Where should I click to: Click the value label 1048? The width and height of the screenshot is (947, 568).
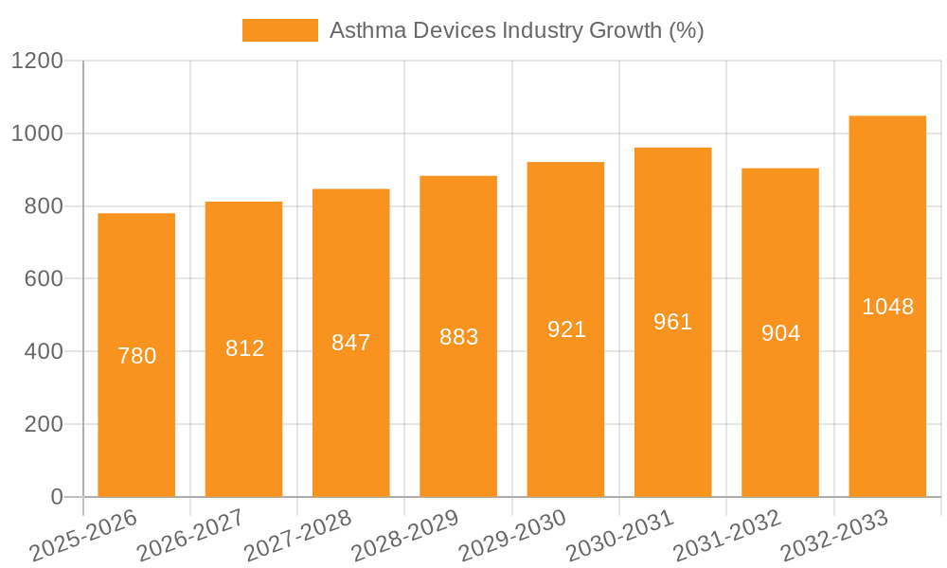(x=887, y=307)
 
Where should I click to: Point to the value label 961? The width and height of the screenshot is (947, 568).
(x=673, y=322)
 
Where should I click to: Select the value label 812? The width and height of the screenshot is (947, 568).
(x=244, y=348)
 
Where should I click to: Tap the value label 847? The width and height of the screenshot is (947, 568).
(x=351, y=343)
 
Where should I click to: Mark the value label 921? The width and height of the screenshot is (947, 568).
(x=566, y=329)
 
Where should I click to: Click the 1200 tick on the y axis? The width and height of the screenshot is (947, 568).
(x=37, y=62)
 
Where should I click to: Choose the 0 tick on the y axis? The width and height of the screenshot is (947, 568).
(x=56, y=497)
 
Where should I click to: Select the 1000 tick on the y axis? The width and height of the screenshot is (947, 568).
(x=37, y=134)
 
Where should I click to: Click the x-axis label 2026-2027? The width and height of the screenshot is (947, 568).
(x=190, y=536)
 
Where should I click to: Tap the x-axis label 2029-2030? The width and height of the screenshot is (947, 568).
(x=512, y=536)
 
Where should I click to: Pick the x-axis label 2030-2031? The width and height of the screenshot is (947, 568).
(x=619, y=536)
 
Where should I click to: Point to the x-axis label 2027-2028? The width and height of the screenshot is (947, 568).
(x=298, y=536)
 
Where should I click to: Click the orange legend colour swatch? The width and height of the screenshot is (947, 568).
(x=279, y=30)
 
